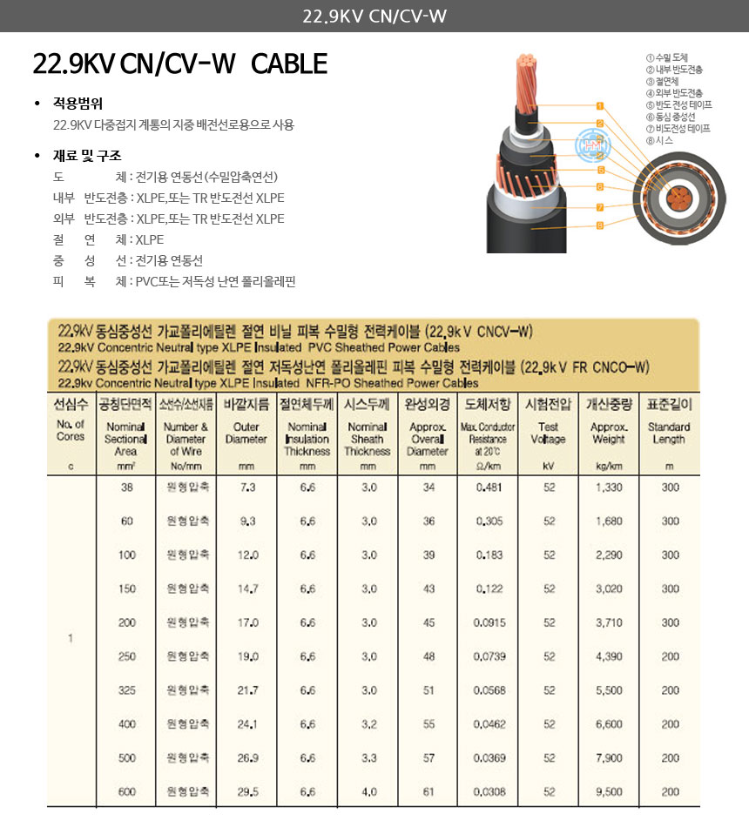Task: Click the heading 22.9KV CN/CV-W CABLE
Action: (x=179, y=64)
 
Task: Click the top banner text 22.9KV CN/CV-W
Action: (x=374, y=16)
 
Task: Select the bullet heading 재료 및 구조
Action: (x=87, y=156)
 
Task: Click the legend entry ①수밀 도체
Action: (x=668, y=57)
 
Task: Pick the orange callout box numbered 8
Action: (x=599, y=225)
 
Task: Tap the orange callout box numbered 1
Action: (x=599, y=106)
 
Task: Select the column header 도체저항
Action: (x=488, y=404)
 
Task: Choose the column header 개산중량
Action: (x=608, y=404)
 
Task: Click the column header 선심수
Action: (x=71, y=404)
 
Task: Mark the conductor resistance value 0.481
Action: (x=489, y=487)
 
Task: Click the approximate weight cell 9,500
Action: (x=609, y=792)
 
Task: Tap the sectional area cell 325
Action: (x=127, y=690)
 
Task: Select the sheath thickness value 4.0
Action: (x=368, y=792)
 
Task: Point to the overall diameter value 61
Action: (x=428, y=792)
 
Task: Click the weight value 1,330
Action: (x=609, y=487)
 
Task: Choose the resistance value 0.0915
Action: (x=489, y=623)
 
